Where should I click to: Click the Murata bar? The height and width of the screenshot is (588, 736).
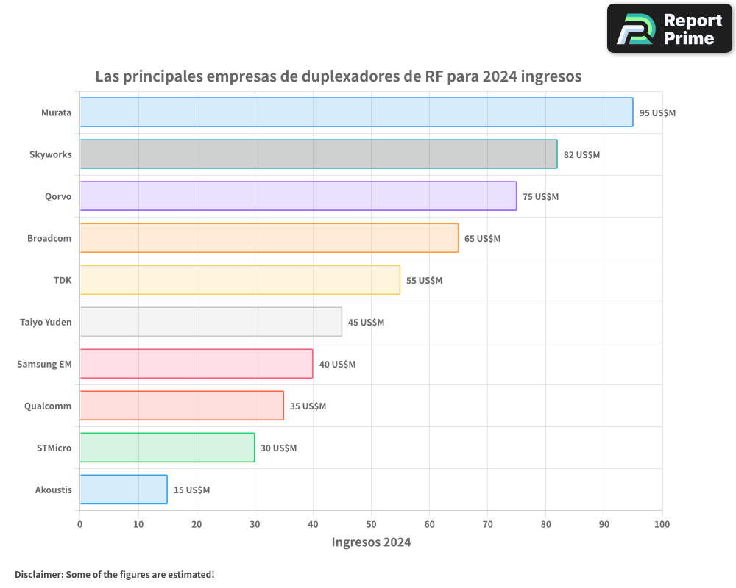356,112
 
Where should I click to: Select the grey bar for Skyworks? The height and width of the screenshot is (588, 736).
318,154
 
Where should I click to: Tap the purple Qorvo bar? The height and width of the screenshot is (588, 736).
298,196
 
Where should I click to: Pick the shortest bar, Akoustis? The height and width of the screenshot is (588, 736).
123,490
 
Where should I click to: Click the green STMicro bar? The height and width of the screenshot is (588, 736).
167,448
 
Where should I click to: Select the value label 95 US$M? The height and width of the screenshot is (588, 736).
657,113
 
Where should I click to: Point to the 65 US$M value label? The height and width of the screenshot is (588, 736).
482,239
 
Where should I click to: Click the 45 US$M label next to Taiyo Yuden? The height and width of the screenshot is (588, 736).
366,323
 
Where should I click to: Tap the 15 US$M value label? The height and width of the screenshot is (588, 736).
191,490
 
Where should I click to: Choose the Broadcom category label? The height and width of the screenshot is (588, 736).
49,238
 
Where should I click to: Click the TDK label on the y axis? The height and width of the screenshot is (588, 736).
63,280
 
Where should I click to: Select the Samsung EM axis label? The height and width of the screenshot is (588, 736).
44,364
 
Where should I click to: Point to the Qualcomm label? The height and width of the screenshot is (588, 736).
48,406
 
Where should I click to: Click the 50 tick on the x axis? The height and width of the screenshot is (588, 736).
371,524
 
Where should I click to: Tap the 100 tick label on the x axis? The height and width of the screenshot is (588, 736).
662,524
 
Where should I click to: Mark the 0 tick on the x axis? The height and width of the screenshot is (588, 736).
79,524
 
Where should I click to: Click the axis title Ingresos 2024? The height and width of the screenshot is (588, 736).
371,542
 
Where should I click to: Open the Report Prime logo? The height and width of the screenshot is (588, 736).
670,29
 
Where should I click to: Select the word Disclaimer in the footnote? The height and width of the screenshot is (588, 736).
38,574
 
